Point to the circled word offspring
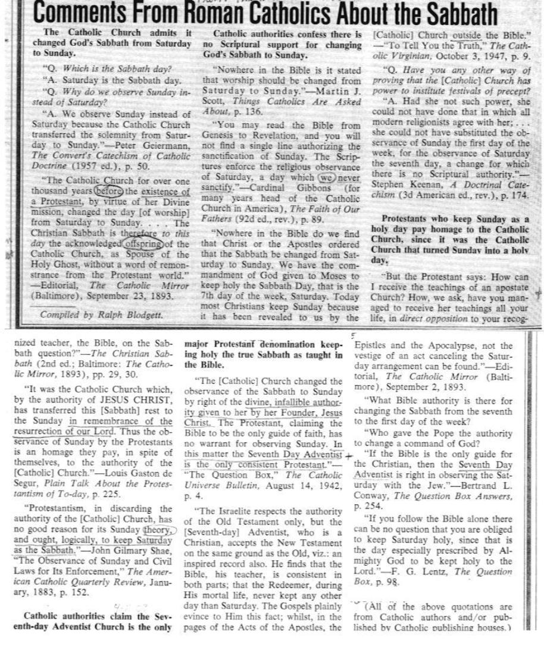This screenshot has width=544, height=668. pyautogui.click(x=140, y=244)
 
